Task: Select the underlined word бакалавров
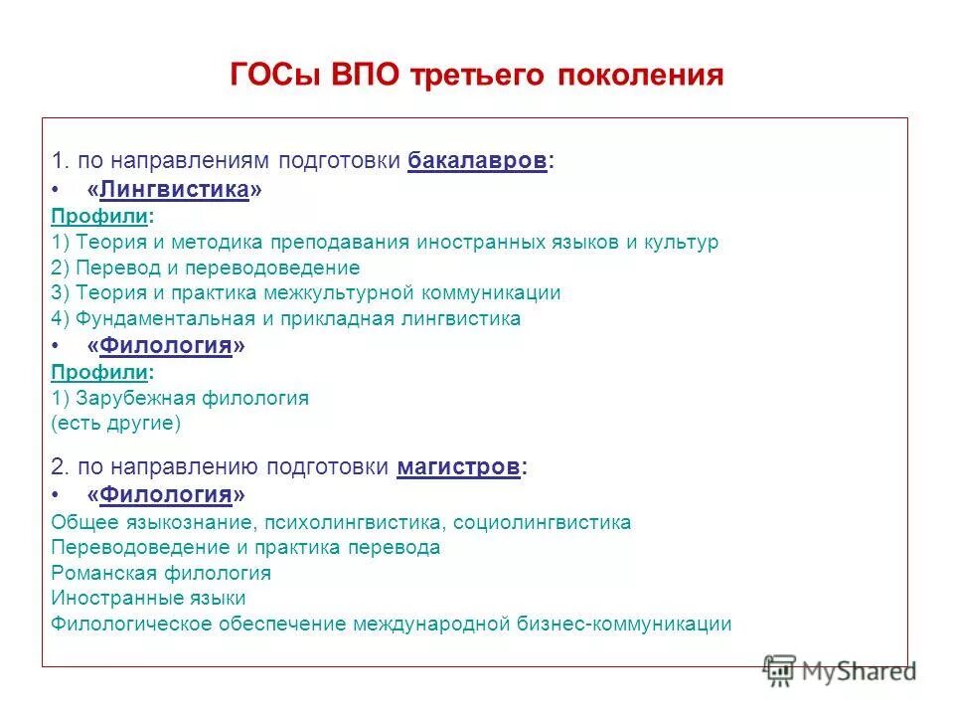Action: click(x=477, y=161)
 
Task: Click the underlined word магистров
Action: click(x=458, y=467)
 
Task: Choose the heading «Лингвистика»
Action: click(x=174, y=189)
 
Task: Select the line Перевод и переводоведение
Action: click(x=205, y=268)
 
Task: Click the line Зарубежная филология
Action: click(x=180, y=398)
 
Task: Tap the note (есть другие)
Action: click(x=115, y=424)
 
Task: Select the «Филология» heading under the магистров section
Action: click(x=165, y=494)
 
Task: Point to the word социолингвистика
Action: click(x=546, y=522)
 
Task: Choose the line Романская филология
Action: click(x=160, y=574)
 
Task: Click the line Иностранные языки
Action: click(x=148, y=599)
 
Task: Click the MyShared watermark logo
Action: click(x=840, y=671)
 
